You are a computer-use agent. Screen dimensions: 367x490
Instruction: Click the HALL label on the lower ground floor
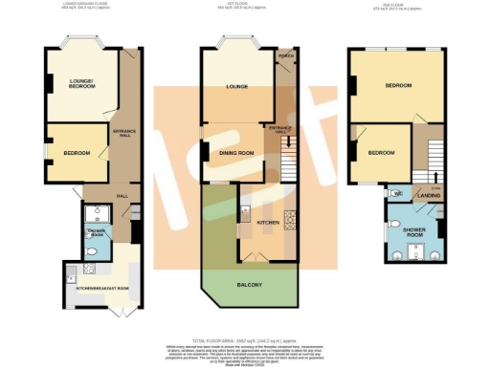tap(122, 196)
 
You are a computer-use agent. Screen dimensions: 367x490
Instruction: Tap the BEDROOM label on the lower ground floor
tap(77, 154)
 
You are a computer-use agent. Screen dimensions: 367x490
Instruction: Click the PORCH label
tap(284, 68)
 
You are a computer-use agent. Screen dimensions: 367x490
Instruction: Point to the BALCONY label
tap(249, 285)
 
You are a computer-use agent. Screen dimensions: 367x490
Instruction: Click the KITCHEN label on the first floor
tap(269, 223)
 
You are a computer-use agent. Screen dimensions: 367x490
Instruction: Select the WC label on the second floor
tap(396, 193)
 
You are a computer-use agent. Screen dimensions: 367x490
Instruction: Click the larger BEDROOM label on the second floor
tap(398, 86)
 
